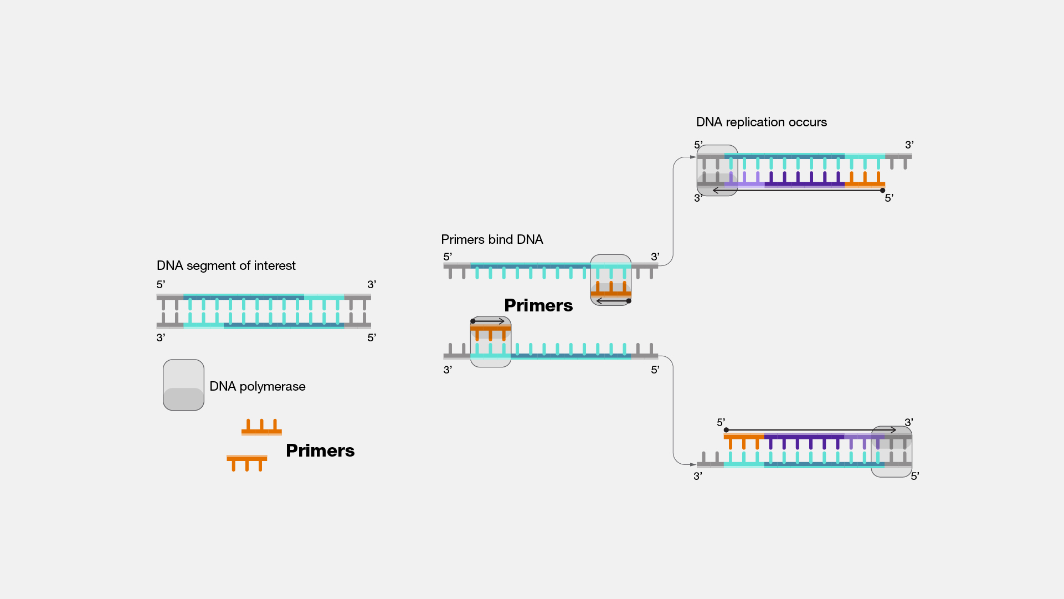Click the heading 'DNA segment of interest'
pyautogui.click(x=226, y=265)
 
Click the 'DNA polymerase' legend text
pyautogui.click(x=257, y=386)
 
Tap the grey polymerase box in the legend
pyautogui.click(x=183, y=385)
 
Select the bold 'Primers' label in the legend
pyautogui.click(x=320, y=450)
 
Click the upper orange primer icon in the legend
pyautogui.click(x=261, y=428)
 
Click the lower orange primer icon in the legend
pyautogui.click(x=247, y=461)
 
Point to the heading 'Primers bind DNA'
pyautogui.click(x=492, y=239)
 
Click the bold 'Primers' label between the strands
pyautogui.click(x=538, y=305)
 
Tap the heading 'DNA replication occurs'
pyautogui.click(x=761, y=122)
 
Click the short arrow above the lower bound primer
pyautogui.click(x=489, y=321)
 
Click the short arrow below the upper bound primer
pyautogui.click(x=613, y=301)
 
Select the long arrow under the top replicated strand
pyautogui.click(x=798, y=191)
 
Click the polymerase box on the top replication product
pyautogui.click(x=717, y=170)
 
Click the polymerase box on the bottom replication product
pyautogui.click(x=891, y=452)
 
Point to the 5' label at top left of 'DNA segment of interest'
pyautogui.click(x=161, y=284)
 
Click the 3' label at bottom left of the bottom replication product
pyautogui.click(x=698, y=476)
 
